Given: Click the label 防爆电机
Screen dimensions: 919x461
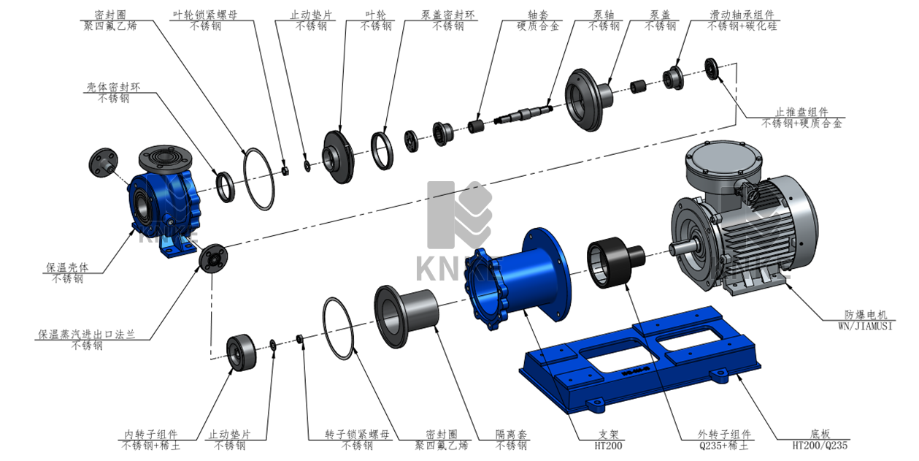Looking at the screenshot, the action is click(866, 315).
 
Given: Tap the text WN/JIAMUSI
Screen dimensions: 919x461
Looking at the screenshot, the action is click(865, 327).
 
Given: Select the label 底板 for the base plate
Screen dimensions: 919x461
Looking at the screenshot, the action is click(820, 434).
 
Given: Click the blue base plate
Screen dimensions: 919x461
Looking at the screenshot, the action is click(640, 361).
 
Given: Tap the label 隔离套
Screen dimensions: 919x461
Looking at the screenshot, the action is click(511, 434).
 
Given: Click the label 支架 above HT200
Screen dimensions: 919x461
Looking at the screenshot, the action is click(608, 434).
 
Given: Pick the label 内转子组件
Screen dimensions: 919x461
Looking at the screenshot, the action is click(151, 434).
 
